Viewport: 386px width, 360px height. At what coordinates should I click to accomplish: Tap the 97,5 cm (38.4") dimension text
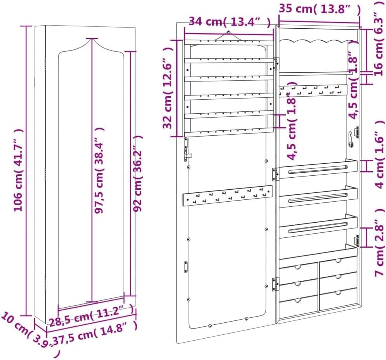(99, 170)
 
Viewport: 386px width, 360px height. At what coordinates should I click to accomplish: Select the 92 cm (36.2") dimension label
(137, 173)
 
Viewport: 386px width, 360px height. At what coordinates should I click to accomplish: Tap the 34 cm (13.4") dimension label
(230, 22)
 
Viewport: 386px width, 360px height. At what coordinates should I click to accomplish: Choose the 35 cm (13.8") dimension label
(320, 9)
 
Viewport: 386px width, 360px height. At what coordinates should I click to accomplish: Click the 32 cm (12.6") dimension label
(168, 88)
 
